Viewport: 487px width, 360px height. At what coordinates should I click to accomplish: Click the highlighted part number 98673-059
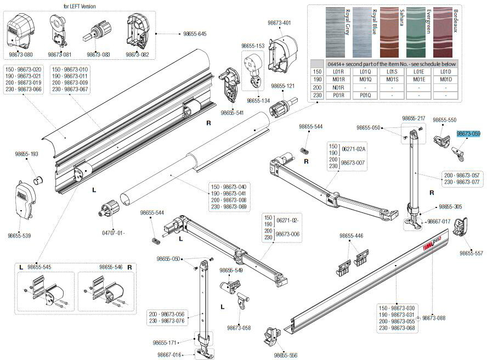[x=468, y=133]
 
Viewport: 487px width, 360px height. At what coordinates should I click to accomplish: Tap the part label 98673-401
[x=279, y=22]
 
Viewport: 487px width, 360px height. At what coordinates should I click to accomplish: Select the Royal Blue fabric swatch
[x=365, y=32]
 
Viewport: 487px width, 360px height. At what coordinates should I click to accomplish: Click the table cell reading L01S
[x=392, y=71]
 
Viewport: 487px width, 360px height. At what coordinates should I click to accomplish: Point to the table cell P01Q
[x=365, y=95]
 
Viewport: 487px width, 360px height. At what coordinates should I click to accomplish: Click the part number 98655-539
[x=19, y=235]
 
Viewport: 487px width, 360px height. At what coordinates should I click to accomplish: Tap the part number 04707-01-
[x=112, y=232]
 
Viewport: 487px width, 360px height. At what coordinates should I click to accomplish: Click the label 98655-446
[x=352, y=235]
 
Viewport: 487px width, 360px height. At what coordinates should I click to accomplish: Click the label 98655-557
[x=471, y=253]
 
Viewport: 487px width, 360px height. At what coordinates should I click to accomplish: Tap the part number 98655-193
[x=26, y=154]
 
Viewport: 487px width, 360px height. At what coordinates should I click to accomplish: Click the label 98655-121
[x=283, y=86]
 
